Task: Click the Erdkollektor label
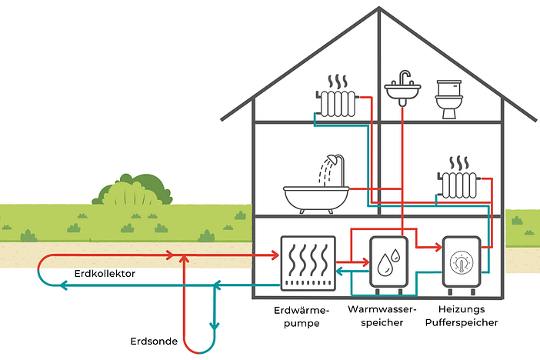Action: click(105, 273)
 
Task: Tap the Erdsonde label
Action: click(155, 340)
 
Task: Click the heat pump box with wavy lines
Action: click(308, 264)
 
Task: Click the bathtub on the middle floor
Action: click(316, 198)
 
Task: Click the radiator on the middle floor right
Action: click(459, 185)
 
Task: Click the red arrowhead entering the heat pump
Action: click(273, 254)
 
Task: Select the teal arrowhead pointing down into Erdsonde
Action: click(215, 325)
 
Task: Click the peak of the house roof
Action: click(379, 10)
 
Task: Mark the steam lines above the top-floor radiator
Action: click(336, 82)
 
